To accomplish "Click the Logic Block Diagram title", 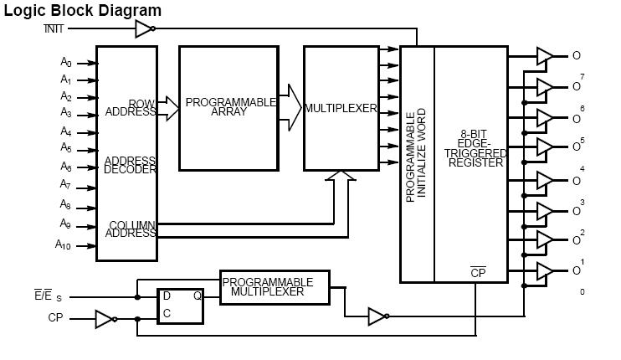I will click(82, 10).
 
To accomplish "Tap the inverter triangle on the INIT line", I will click(144, 30).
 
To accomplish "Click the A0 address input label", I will click(66, 62).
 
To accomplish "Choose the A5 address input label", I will click(66, 148).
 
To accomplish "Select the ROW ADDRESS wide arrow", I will click(167, 108).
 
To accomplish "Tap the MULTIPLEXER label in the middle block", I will click(340, 109).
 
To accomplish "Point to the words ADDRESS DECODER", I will click(130, 164).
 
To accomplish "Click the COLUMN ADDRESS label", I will click(131, 229).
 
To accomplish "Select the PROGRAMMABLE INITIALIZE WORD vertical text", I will click(417, 154).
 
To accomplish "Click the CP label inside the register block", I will click(478, 272).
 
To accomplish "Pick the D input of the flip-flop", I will click(166, 296).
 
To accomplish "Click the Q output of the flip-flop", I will click(198, 296).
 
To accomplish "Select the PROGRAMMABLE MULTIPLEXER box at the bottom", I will click(275, 287).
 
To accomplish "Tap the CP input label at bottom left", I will click(55, 318).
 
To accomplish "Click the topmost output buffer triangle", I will click(544, 56).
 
